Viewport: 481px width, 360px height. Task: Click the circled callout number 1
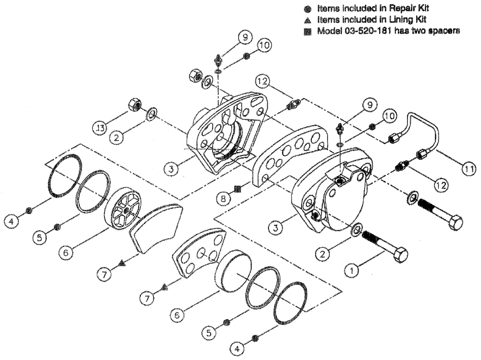(x=354, y=270)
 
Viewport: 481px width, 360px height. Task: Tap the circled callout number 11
(x=469, y=168)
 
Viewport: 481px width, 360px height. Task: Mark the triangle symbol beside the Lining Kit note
(x=308, y=20)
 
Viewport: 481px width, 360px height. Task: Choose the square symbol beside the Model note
(x=308, y=30)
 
